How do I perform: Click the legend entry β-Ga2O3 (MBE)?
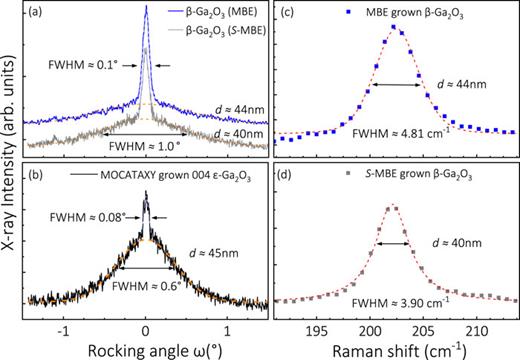(203, 12)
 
